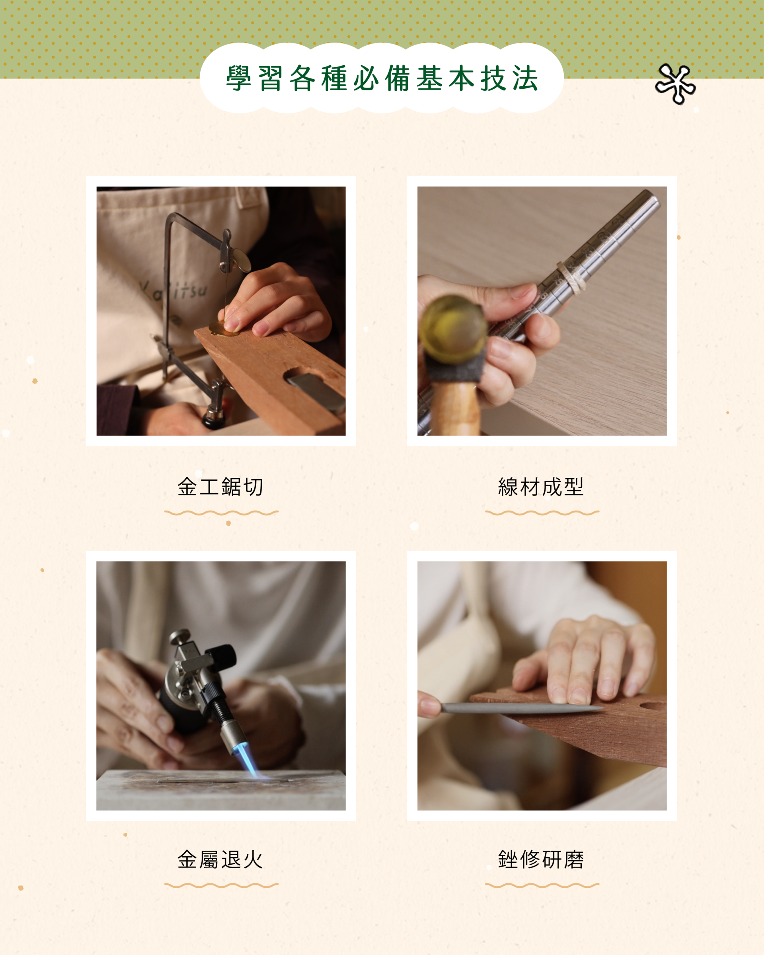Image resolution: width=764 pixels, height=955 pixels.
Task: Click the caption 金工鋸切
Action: coord(220,487)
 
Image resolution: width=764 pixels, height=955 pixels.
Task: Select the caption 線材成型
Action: coord(541,487)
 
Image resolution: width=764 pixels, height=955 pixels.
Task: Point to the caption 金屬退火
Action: coord(220,860)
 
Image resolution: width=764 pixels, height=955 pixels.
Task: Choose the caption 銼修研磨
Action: coord(541,860)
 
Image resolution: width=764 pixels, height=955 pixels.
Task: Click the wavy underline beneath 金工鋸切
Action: coord(222,513)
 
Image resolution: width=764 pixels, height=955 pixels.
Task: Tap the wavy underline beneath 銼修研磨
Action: coord(542,885)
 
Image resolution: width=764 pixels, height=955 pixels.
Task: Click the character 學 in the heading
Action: coord(239,78)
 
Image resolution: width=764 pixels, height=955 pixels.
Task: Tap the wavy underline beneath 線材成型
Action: coord(542,513)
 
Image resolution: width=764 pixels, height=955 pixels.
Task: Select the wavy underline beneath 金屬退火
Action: coord(222,885)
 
